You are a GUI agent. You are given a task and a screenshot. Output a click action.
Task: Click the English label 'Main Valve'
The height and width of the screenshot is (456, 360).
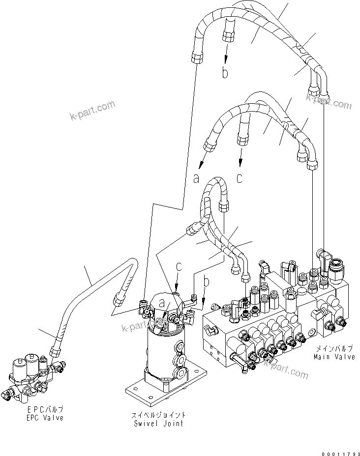pyautogui.click(x=334, y=357)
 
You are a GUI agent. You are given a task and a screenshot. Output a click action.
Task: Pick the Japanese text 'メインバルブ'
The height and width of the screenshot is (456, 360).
pyautogui.click(x=334, y=348)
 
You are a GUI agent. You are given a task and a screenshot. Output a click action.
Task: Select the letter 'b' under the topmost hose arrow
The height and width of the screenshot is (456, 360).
pyautogui.click(x=225, y=74)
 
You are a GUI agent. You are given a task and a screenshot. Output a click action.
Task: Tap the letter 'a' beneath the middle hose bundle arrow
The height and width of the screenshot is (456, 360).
pyautogui.click(x=196, y=178)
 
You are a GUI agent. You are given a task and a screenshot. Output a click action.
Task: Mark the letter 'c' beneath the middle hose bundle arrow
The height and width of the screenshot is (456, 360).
pyautogui.click(x=240, y=178)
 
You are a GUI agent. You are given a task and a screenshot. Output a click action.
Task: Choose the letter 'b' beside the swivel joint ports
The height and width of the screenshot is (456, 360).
pyautogui.click(x=207, y=282)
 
